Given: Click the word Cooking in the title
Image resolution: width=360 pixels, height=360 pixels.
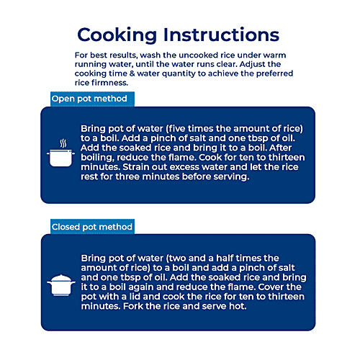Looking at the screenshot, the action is click(117, 35).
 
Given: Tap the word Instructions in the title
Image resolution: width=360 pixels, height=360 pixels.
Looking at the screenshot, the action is click(221, 35).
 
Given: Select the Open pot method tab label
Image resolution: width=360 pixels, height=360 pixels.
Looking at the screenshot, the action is click(89, 99).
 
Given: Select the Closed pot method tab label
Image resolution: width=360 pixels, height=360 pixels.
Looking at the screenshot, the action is click(92, 227).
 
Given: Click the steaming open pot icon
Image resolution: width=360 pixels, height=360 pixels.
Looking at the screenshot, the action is click(60, 153).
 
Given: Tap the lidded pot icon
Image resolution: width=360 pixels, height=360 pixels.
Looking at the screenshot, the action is click(61, 285).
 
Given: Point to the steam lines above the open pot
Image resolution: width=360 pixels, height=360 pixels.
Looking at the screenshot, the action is click(63, 143).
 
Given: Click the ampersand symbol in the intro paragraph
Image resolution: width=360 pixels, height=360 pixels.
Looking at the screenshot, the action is click(132, 73).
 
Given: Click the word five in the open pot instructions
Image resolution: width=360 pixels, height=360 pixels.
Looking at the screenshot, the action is click(177, 129).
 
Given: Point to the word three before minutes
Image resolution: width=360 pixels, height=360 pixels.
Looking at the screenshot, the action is click(127, 176).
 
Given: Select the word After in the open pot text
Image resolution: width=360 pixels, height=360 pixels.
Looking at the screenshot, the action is click(280, 148).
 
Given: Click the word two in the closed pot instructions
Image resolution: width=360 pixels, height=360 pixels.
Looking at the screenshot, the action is click(177, 258).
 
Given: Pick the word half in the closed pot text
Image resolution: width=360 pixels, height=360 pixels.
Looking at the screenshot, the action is click(225, 258).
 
